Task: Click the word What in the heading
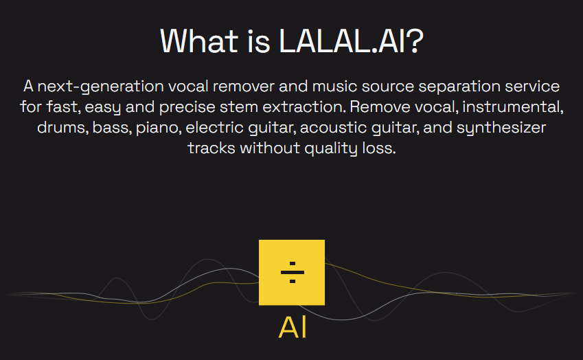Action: pyautogui.click(x=199, y=41)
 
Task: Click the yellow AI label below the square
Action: pyautogui.click(x=293, y=327)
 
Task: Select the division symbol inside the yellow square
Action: pyautogui.click(x=293, y=272)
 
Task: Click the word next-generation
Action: pyautogui.click(x=100, y=87)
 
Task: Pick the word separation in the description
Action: pyautogui.click(x=459, y=87)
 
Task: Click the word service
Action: pyautogui.click(x=532, y=87)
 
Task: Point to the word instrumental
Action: pyautogui.click(x=513, y=107)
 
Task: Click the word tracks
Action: pyautogui.click(x=212, y=148)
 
